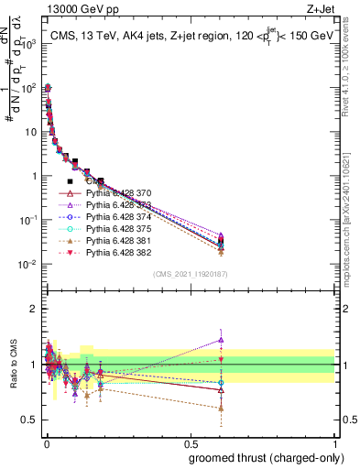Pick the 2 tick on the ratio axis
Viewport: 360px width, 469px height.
tap(36, 309)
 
